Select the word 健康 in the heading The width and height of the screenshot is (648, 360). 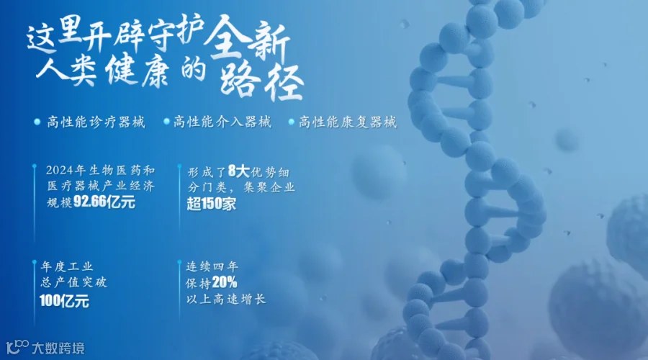pyautogui.click(x=138, y=71)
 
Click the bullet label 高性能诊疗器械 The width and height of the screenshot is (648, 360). pyautogui.click(x=96, y=122)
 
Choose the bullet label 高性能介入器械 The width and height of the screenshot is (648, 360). pyautogui.click(x=222, y=122)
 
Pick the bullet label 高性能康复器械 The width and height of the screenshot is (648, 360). pyautogui.click(x=348, y=122)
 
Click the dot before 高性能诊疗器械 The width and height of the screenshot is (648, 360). pyautogui.click(x=37, y=122)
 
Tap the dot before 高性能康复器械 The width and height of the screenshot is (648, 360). pyautogui.click(x=291, y=122)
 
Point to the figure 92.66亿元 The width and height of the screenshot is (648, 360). pyautogui.click(x=104, y=202)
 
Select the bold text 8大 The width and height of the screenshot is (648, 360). pyautogui.click(x=238, y=171)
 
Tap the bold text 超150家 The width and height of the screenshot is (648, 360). pyautogui.click(x=212, y=204)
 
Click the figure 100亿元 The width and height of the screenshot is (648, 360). pyautogui.click(x=64, y=301)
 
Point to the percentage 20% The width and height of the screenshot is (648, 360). pyautogui.click(x=225, y=282)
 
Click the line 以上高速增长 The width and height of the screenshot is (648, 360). pyautogui.click(x=225, y=299)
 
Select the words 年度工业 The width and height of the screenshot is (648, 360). pyautogui.click(x=67, y=266)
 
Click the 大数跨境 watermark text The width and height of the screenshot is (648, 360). pyautogui.click(x=58, y=348)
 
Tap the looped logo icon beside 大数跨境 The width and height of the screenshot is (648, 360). pyautogui.click(x=17, y=347)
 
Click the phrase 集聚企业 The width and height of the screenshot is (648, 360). pyautogui.click(x=269, y=187)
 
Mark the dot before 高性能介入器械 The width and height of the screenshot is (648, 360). pyautogui.click(x=166, y=122)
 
